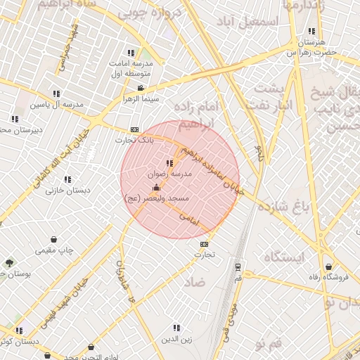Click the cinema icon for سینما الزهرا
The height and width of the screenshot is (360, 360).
click(x=141, y=88)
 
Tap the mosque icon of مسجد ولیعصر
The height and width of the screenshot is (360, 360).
click(x=155, y=188)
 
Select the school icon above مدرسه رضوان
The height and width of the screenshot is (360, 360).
click(x=169, y=163)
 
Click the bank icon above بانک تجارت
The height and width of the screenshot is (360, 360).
click(x=134, y=129)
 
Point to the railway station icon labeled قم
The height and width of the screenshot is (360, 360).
click(x=238, y=266)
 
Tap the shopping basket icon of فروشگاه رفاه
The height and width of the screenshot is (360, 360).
click(x=329, y=266)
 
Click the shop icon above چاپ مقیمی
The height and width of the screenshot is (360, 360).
click(x=55, y=240)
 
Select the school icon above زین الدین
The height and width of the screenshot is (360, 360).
click(x=176, y=328)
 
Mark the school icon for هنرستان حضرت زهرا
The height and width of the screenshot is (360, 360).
click(x=311, y=31)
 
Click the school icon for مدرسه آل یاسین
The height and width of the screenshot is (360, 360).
click(x=56, y=94)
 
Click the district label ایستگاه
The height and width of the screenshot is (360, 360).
click(x=285, y=257)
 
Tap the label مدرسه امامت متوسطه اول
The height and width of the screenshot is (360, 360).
click(x=136, y=67)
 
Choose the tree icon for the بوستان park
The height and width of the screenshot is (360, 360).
click(x=9, y=263)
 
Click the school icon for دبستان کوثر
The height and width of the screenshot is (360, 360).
click(x=19, y=330)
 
